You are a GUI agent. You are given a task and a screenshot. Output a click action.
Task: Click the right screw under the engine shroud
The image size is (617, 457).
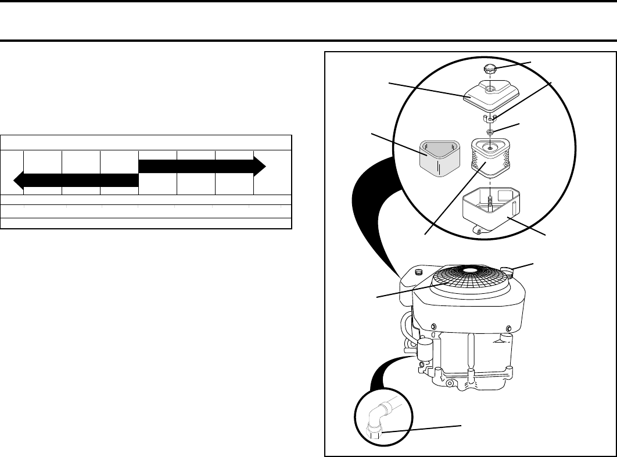pyautogui.click(x=508, y=328)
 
